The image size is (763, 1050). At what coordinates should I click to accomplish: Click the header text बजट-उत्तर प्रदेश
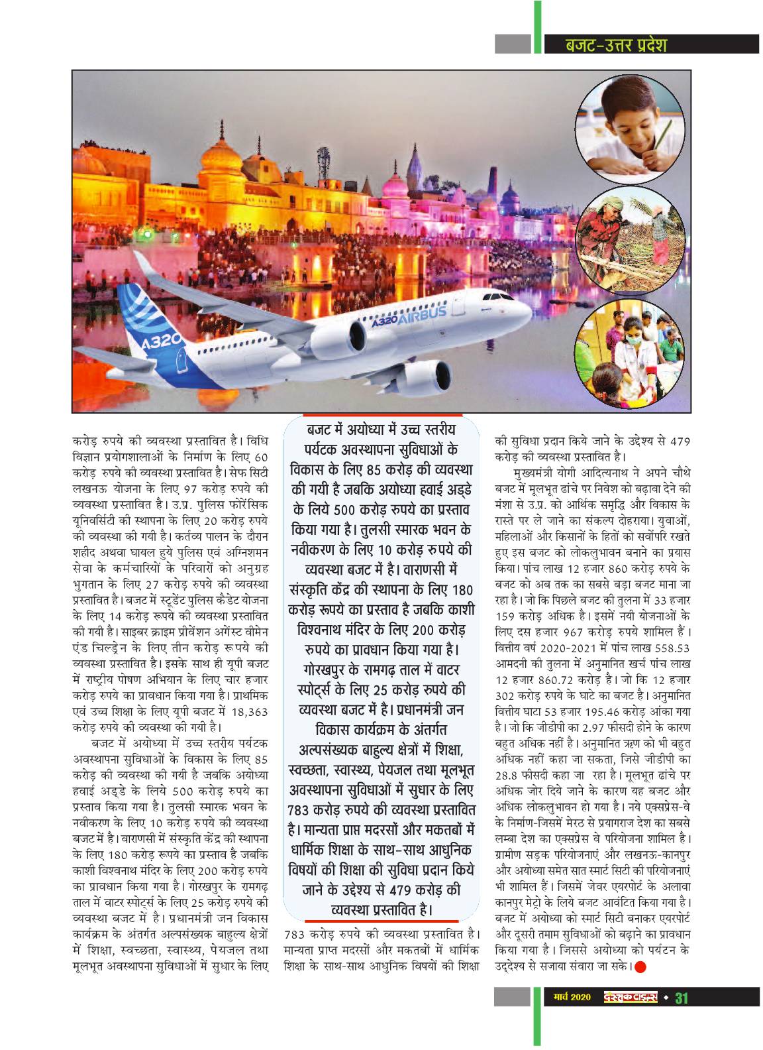pos(615,45)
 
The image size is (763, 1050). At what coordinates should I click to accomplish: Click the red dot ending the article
pos(640,966)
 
